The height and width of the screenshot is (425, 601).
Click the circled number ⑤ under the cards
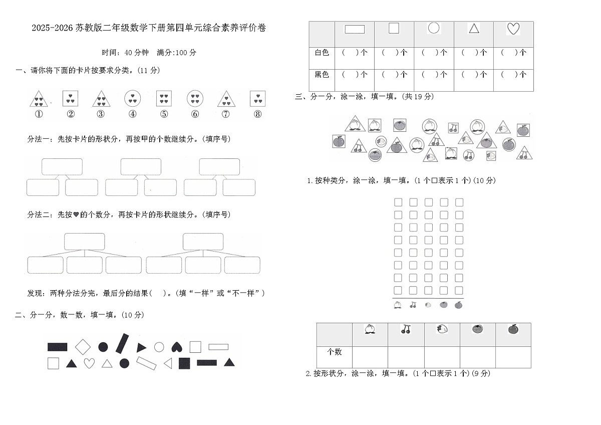pos(164,114)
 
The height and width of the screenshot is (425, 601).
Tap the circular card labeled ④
pos(133,98)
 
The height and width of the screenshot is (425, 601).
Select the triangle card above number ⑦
pos(226,99)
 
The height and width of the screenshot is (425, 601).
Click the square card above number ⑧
pos(257,98)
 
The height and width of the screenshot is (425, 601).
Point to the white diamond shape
pos(83,346)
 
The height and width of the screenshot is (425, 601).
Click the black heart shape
pos(176,346)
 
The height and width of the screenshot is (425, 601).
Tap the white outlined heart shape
pos(89,363)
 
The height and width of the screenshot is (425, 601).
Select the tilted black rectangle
pos(122,344)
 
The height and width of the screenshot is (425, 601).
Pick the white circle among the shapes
pos(159,347)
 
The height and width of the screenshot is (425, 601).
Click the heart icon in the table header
pos(513,29)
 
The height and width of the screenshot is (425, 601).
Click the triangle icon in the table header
pos(474,29)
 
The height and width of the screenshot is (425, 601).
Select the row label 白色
pos(322,52)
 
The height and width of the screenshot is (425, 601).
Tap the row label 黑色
pos(322,74)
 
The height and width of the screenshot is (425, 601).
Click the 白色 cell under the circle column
pos(434,52)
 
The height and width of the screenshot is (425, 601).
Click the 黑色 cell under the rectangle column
pos(354,74)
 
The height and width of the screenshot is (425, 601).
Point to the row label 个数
pos(334,352)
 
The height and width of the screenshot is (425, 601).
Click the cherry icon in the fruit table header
pos(406,329)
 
